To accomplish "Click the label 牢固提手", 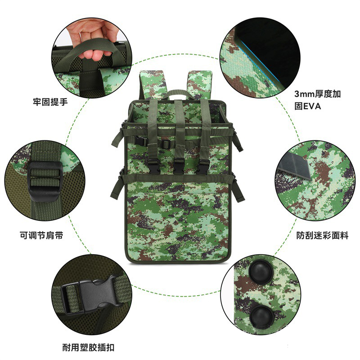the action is tap(50, 102).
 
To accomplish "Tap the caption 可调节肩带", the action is tap(41, 235).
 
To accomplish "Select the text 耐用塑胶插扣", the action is tap(88, 347).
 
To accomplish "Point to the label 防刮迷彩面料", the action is tap(322, 235).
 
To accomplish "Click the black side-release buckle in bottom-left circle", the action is tap(90, 295).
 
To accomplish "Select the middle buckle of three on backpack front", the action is tap(179, 166).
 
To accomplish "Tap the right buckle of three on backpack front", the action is tap(203, 166).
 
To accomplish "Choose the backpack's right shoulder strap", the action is tap(200, 85).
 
